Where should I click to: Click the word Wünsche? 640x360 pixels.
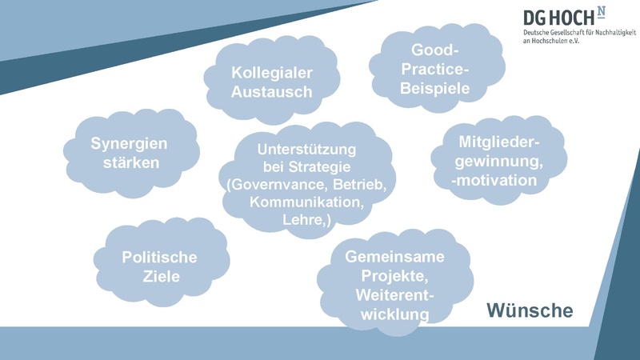(x=530, y=311)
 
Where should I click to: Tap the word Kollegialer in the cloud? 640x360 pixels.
(x=271, y=73)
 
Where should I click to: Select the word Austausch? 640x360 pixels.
(x=271, y=92)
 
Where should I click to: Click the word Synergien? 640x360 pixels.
(x=129, y=144)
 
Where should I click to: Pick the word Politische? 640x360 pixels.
(x=159, y=258)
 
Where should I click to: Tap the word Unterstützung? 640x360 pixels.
(x=306, y=150)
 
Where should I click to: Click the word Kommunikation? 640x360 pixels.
(x=306, y=202)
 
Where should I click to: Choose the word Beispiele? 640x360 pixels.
(x=435, y=89)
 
